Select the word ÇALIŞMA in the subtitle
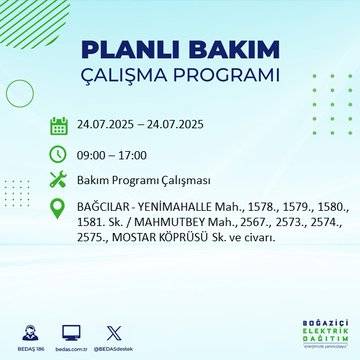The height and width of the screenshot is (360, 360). [127, 76]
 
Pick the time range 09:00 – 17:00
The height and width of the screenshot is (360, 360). [112, 155]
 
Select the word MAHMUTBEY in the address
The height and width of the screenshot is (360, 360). [161, 227]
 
